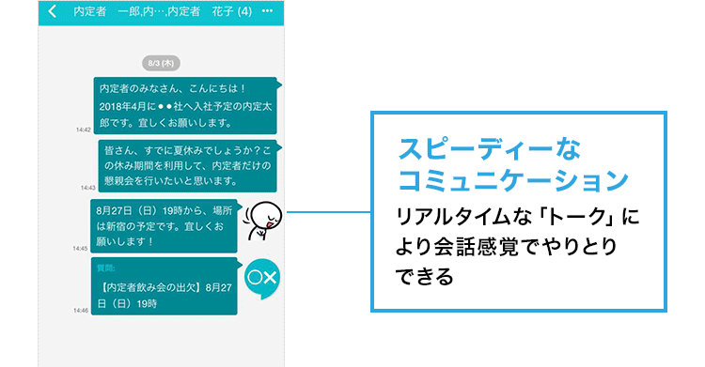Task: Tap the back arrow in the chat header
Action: click(53, 12)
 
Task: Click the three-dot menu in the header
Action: click(268, 12)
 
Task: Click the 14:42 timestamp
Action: click(83, 130)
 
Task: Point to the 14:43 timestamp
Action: click(87, 188)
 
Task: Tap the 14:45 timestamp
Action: click(81, 249)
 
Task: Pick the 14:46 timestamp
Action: click(81, 310)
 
